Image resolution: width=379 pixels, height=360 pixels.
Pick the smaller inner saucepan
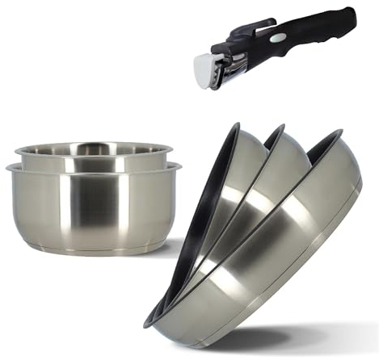tap(93, 157)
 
